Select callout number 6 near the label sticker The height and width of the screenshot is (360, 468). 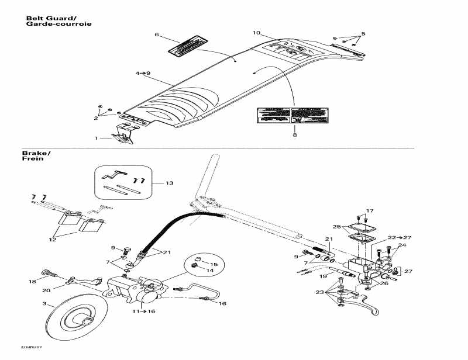[157, 35]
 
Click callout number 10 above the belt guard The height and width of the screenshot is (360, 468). [256, 33]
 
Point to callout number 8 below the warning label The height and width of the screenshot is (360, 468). [295, 136]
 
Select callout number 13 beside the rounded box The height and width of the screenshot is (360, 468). [170, 184]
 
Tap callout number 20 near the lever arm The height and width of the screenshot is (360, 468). [46, 290]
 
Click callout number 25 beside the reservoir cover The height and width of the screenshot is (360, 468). [336, 226]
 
